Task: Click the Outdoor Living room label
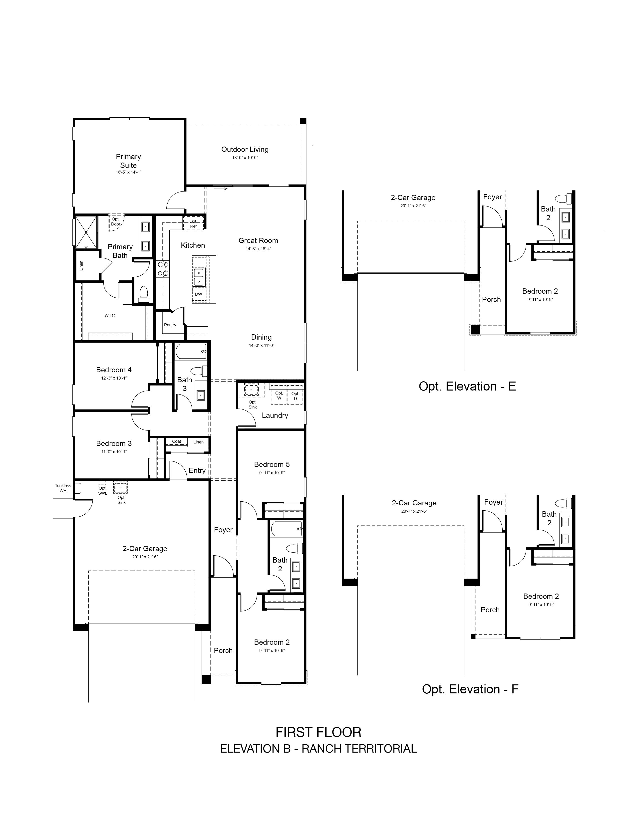click(x=245, y=149)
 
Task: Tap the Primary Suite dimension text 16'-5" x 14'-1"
click(x=128, y=172)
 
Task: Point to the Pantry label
click(x=170, y=325)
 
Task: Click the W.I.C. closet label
click(x=110, y=315)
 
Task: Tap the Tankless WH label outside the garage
click(x=63, y=488)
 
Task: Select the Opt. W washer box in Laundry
click(x=279, y=395)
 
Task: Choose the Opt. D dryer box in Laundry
click(x=295, y=395)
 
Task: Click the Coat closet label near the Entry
click(x=177, y=441)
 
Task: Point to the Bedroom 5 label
click(x=272, y=464)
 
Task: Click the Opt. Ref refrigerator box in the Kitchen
click(x=193, y=223)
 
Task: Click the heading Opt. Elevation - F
click(x=470, y=689)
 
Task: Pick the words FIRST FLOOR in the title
click(x=318, y=732)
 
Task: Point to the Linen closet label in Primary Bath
click(x=81, y=266)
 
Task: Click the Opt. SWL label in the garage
click(x=103, y=490)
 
